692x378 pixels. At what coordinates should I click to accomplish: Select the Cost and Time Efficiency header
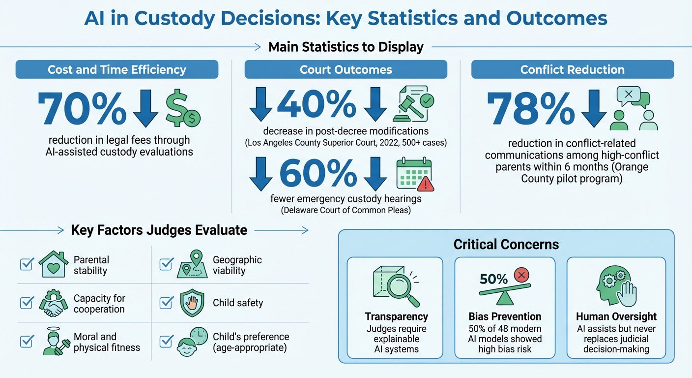tap(117, 70)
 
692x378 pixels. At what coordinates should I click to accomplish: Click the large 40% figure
tap(317, 104)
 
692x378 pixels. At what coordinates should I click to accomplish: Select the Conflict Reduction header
tap(572, 70)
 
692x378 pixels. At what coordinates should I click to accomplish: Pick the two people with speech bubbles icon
tap(634, 109)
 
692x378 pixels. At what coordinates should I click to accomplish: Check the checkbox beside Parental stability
tap(26, 265)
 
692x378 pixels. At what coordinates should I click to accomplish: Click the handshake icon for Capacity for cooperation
tap(54, 303)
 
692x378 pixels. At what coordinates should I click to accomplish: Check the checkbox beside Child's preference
tap(167, 341)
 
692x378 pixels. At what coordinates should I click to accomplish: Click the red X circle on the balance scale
tap(521, 275)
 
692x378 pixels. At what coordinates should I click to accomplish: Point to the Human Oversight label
tap(616, 316)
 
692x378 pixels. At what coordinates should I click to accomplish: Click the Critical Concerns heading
tap(506, 244)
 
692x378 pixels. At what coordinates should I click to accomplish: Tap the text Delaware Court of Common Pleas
tap(346, 211)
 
